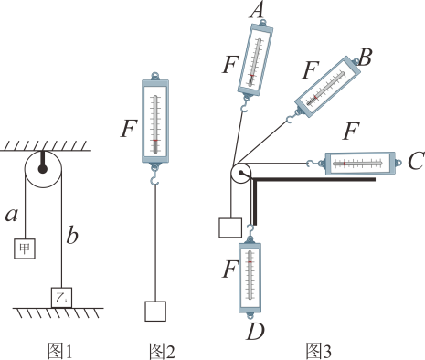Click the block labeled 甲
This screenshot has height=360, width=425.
25,249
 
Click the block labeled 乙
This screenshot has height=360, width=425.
61,298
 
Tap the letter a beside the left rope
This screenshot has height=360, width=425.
12,215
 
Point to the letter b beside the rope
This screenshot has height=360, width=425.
72,235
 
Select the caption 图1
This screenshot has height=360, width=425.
59,351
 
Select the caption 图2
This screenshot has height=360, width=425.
162,351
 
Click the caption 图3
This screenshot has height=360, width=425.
319,351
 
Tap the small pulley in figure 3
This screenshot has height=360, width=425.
240,174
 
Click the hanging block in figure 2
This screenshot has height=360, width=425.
155,312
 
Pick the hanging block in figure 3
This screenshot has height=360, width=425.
230,228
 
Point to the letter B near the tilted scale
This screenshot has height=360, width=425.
365,58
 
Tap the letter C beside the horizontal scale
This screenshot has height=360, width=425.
416,161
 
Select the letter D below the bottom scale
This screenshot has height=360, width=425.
255,332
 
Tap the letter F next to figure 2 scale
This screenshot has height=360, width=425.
129,128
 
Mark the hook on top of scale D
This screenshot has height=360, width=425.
250,229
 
